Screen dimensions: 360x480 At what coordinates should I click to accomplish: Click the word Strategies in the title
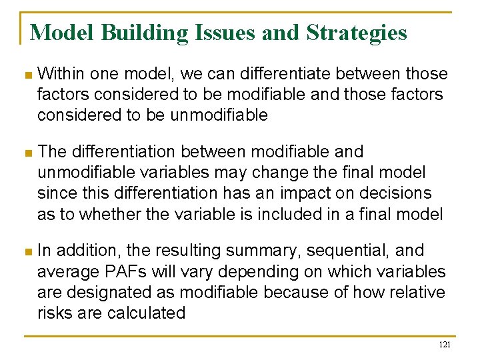357,32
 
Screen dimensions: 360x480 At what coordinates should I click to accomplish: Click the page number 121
445,345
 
